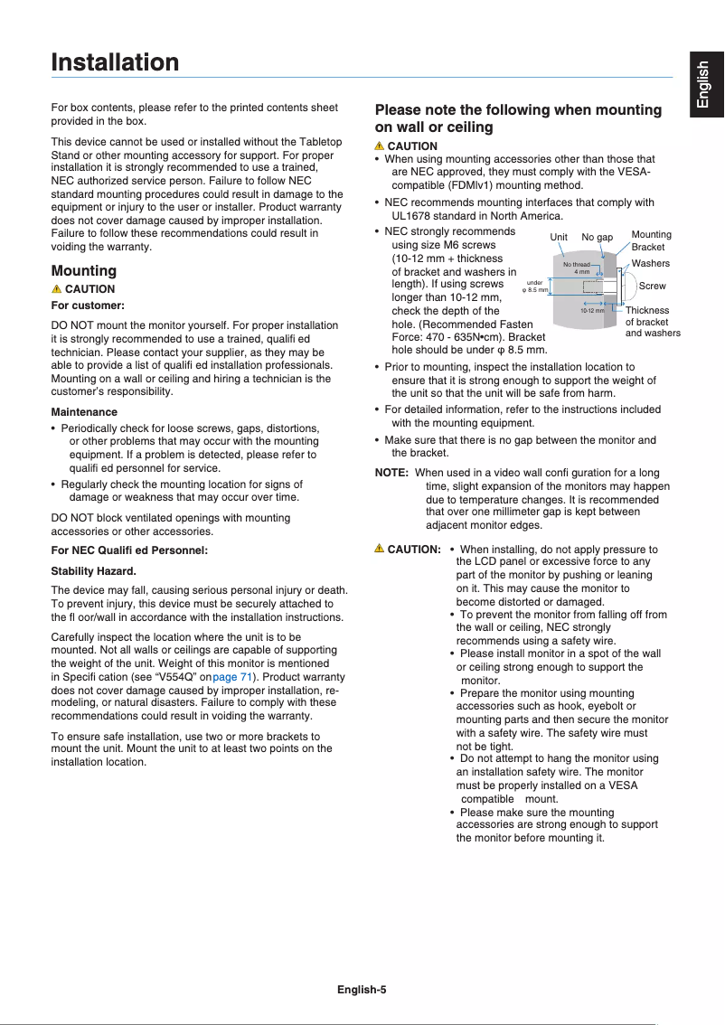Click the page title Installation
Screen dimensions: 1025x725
tap(115, 63)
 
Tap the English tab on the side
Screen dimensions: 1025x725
tap(704, 86)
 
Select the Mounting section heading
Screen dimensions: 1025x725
tap(84, 270)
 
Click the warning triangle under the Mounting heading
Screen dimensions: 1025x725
tap(57, 289)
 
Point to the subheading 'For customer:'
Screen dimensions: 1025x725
tap(88, 306)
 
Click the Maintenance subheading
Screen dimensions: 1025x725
tap(84, 412)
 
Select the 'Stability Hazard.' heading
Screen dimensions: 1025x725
tap(94, 571)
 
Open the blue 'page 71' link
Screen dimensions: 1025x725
tap(232, 678)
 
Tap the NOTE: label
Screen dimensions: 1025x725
tap(391, 473)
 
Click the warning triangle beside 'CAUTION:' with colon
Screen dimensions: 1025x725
tap(380, 549)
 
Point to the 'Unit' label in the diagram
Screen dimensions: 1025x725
tap(560, 238)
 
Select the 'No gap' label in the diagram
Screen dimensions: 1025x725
tap(597, 238)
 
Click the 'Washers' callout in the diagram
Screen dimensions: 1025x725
tap(650, 263)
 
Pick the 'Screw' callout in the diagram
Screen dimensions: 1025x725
tap(652, 286)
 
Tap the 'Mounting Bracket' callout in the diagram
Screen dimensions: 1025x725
tap(651, 240)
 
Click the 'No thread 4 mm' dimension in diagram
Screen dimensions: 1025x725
tap(578, 268)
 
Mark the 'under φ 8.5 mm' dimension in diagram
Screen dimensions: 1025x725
tap(535, 287)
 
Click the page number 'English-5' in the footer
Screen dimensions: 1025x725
tap(362, 989)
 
